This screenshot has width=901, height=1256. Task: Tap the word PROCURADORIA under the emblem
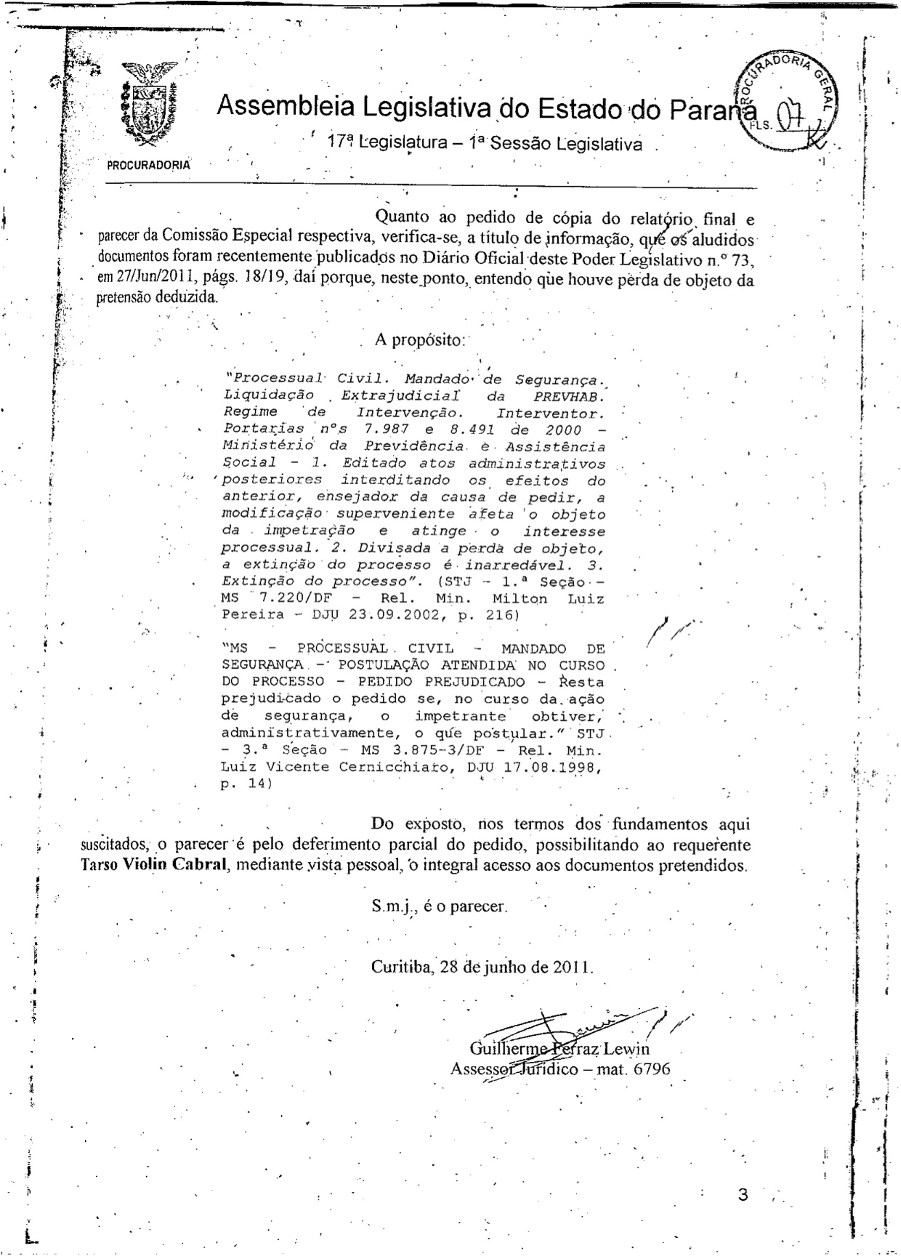pyautogui.click(x=149, y=165)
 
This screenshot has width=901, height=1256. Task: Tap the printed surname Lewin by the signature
pyautogui.click(x=626, y=1049)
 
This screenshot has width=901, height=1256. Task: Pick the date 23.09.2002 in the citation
pyautogui.click(x=397, y=615)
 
